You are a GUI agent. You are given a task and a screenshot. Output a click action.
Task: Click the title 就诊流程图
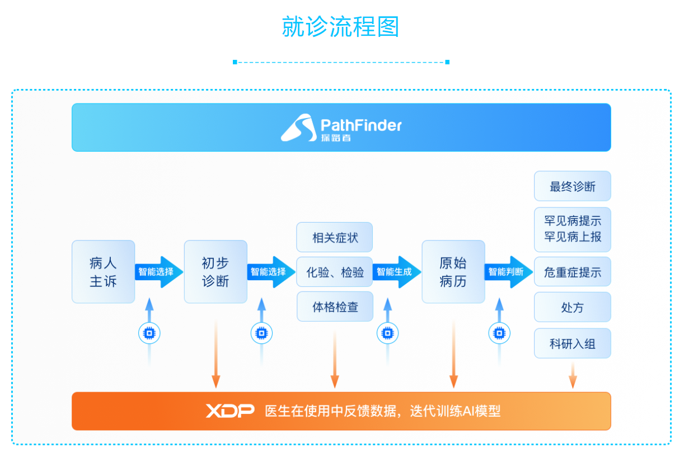tap(340, 27)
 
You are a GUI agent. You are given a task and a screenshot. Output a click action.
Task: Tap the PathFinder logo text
tap(361, 125)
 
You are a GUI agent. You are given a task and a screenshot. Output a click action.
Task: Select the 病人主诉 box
tap(103, 271)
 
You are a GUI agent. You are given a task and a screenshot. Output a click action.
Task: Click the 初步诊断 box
tap(215, 271)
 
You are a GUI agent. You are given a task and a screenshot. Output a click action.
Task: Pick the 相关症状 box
tap(334, 237)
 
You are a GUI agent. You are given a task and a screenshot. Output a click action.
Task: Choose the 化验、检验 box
tap(334, 271)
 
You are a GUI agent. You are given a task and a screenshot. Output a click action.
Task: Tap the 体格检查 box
tap(335, 307)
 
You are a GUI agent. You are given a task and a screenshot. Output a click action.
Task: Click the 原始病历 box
tap(453, 271)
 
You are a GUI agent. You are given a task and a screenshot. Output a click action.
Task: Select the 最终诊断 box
tap(573, 186)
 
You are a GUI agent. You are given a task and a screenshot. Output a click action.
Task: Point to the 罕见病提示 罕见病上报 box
tap(573, 229)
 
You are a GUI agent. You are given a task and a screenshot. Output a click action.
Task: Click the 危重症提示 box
tap(573, 271)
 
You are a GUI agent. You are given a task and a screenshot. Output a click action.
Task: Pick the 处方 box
tap(573, 307)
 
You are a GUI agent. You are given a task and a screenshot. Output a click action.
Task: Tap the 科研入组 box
tap(573, 343)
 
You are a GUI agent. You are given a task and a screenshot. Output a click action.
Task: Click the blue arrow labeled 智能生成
tap(397, 272)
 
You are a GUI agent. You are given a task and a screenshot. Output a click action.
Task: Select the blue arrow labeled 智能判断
tap(509, 272)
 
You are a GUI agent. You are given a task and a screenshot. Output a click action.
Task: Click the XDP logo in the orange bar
tap(230, 411)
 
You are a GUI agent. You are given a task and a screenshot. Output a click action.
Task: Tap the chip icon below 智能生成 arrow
tap(387, 333)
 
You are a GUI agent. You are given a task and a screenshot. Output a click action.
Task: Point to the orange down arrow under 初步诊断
tap(216, 354)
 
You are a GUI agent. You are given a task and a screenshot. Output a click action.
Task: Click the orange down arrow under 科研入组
tap(573, 375)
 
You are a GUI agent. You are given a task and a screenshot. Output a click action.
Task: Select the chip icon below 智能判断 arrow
tap(499, 333)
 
